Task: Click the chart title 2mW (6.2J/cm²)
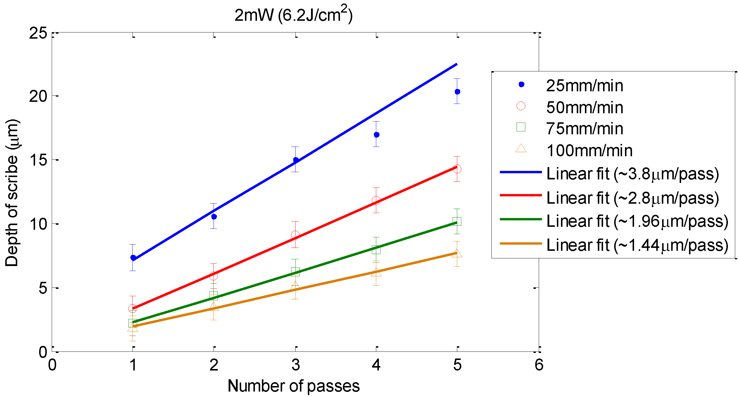[293, 15]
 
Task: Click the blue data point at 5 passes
[457, 92]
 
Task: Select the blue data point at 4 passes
[377, 135]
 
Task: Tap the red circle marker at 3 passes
[295, 235]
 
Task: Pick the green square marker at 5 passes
[457, 221]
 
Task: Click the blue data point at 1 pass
[133, 258]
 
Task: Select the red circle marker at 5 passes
[457, 169]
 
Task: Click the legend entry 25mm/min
[584, 86]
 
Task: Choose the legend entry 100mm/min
[589, 151]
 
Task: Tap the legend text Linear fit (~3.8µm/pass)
[632, 174]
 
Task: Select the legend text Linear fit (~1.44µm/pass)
[637, 245]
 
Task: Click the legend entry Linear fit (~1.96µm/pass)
[637, 221]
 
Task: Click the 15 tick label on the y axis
[38, 160]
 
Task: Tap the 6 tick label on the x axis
[539, 365]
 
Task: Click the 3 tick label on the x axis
[296, 365]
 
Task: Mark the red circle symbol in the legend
[521, 106]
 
